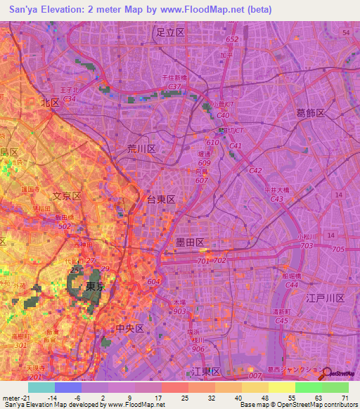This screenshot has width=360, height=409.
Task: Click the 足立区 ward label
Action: pyautogui.click(x=170, y=32)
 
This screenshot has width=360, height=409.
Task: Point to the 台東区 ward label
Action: pyautogui.click(x=160, y=200)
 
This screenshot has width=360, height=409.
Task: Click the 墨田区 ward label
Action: pyautogui.click(x=190, y=242)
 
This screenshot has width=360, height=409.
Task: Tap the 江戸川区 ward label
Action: pyautogui.click(x=325, y=299)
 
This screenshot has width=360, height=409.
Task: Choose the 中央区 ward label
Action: pyautogui.click(x=129, y=329)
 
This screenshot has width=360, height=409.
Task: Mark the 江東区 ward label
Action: pyautogui.click(x=207, y=370)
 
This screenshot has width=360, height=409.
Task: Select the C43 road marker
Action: pyautogui.click(x=277, y=199)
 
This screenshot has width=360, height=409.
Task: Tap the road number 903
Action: pyautogui.click(x=180, y=311)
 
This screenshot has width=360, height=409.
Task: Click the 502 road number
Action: pyautogui.click(x=65, y=226)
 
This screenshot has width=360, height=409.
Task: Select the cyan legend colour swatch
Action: pyautogui.click(x=41, y=387)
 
